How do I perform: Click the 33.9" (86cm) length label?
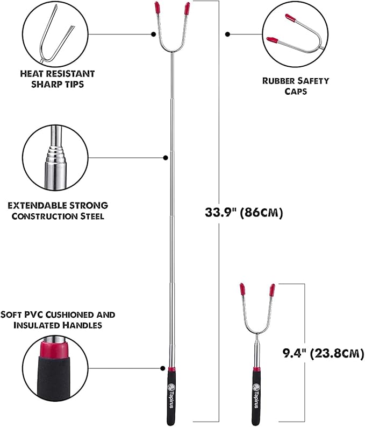tap(244, 213)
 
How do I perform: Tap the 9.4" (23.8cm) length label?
tap(323, 353)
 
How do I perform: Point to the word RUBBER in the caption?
tap(278, 81)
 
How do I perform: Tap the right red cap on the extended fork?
tap(187, 8)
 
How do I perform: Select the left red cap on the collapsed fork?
tap(242, 290)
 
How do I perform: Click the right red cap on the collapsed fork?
tap(272, 290)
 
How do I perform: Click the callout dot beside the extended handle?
tap(162, 368)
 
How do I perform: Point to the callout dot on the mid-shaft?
tap(165, 158)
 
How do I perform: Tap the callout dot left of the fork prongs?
tap(153, 34)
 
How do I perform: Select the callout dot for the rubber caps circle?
tap(228, 34)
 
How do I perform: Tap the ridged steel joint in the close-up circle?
tap(56, 154)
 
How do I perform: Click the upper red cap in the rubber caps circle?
tap(290, 18)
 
